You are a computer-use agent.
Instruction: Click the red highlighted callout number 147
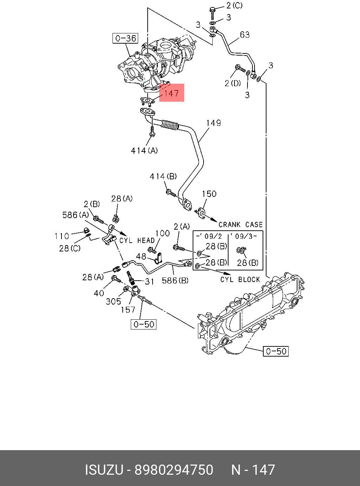pyautogui.click(x=172, y=93)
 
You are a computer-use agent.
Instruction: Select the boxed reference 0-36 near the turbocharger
pyautogui.click(x=126, y=38)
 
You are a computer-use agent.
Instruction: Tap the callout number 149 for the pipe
pyautogui.click(x=213, y=123)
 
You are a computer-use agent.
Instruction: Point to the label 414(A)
pyautogui.click(x=144, y=151)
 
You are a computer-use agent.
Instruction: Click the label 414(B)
pyautogui.click(x=163, y=176)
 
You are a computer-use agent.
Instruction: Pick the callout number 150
pyautogui.click(x=209, y=194)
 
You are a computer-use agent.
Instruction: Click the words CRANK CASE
pyautogui.click(x=240, y=224)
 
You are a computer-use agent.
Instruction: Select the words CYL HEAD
pyautogui.click(x=137, y=241)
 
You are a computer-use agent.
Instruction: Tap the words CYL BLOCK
pyautogui.click(x=240, y=280)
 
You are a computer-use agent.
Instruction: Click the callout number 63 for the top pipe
pyautogui.click(x=245, y=34)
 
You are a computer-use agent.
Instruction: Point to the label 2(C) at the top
pyautogui.click(x=234, y=5)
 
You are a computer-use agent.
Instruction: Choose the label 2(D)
pyautogui.click(x=233, y=83)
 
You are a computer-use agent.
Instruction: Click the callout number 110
pyautogui.click(x=62, y=236)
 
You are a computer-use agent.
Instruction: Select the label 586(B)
pyautogui.click(x=175, y=280)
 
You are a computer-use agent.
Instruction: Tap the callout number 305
pyautogui.click(x=113, y=301)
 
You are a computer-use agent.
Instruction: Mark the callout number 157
pyautogui.click(x=128, y=310)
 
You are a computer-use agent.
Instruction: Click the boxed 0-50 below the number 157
pyautogui.click(x=144, y=324)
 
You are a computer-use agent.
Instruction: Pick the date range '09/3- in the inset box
pyautogui.click(x=246, y=236)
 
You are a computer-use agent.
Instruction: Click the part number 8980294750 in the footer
pyautogui.click(x=174, y=470)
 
